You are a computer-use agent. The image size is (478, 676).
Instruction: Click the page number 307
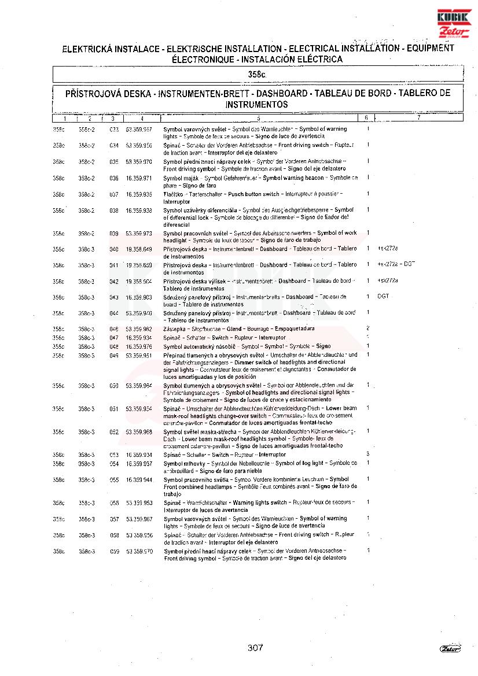(255, 648)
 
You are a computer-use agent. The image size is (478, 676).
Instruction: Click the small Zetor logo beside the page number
(450, 648)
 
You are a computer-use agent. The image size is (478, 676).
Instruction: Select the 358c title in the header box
(256, 75)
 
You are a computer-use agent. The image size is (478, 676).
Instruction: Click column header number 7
(418, 118)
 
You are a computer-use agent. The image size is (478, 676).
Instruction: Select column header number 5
(258, 118)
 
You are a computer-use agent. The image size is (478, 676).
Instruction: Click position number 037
(114, 194)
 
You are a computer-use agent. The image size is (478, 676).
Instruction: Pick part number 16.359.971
(139, 178)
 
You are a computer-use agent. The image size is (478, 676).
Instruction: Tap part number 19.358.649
(139, 249)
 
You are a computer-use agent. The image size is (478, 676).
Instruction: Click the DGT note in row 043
(383, 297)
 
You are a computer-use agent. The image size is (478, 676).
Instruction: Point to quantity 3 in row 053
(368, 455)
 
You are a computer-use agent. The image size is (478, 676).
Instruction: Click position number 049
(114, 355)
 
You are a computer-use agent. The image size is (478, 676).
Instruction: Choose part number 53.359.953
(139, 503)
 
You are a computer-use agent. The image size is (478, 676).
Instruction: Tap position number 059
(114, 552)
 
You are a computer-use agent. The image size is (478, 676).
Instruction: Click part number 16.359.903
(139, 297)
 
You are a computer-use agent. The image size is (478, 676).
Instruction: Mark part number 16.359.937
(139, 464)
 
